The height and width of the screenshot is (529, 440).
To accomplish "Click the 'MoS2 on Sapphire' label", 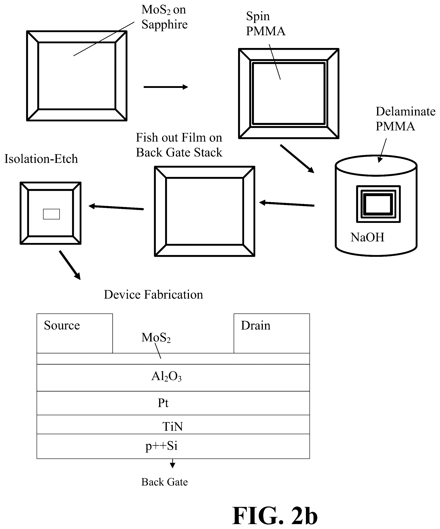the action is tap(164, 17).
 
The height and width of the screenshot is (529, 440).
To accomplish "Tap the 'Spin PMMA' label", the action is tap(266, 24).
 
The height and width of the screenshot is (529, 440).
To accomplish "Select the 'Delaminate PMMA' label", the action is tap(405, 119).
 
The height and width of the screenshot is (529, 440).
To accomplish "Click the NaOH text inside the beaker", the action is tap(367, 237).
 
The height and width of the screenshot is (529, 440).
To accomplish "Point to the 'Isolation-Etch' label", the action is tap(41, 159).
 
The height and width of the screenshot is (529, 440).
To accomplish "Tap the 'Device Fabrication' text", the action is tap(153, 295).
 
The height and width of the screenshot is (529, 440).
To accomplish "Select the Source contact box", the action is tap(75, 333).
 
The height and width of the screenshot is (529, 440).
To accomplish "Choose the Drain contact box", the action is tap(272, 333).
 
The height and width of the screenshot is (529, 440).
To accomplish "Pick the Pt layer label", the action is tap(163, 403).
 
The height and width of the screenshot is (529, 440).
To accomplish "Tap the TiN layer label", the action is tap(172, 426).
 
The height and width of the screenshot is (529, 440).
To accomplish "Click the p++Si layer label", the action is tap(162, 446).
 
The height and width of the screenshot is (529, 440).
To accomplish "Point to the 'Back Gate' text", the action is tap(164, 482).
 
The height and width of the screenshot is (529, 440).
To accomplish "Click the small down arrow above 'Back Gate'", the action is tap(172, 463).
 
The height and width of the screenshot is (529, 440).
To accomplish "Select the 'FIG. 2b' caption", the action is tap(275, 516).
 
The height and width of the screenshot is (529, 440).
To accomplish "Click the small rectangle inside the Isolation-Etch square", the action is tap(51, 214).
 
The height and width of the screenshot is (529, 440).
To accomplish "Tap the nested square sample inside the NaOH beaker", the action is tap(378, 204).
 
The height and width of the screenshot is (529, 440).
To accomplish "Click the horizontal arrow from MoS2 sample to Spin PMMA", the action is tap(166, 87).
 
